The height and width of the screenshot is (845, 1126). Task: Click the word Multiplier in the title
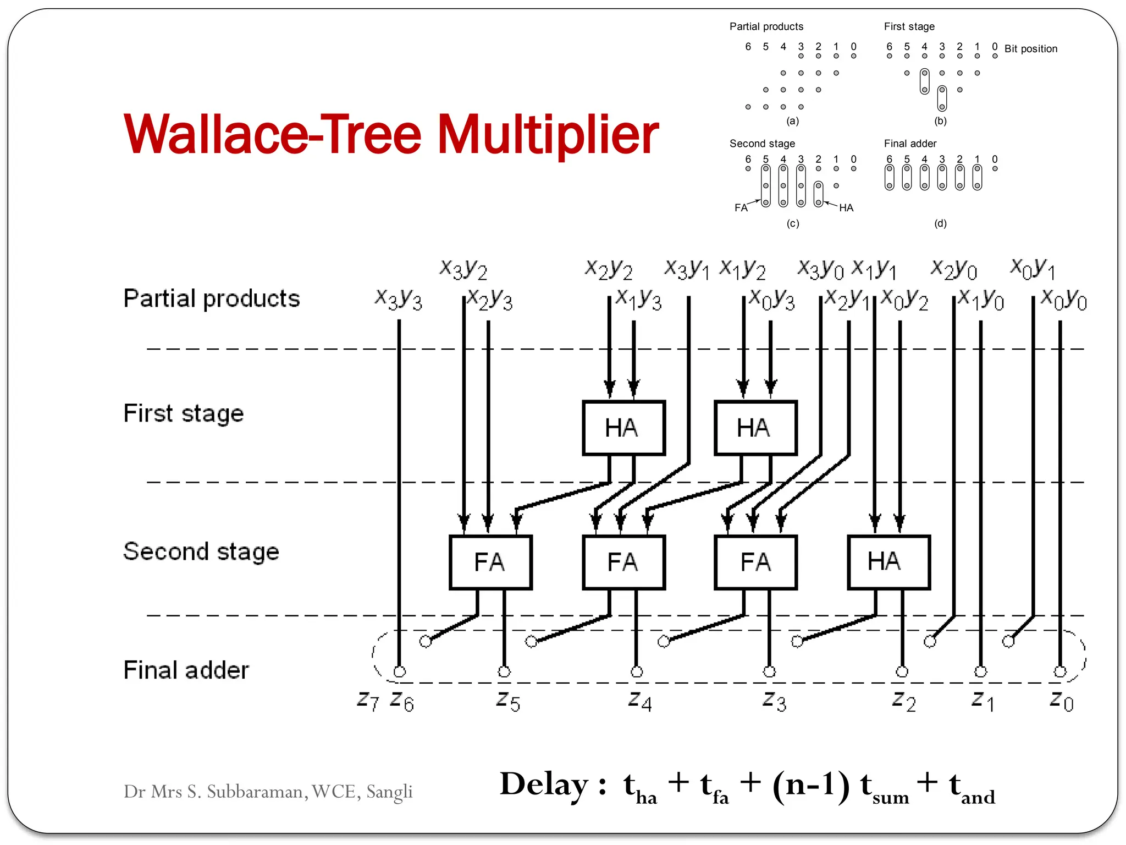(x=548, y=134)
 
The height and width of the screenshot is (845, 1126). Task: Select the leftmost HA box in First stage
(x=623, y=428)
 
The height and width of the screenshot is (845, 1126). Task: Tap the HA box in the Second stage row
(x=888, y=562)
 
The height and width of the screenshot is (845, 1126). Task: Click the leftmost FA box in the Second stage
(x=490, y=562)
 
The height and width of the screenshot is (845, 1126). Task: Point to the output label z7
(x=368, y=701)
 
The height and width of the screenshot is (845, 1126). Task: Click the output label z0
(x=1061, y=701)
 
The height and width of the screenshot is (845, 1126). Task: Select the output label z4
(x=640, y=701)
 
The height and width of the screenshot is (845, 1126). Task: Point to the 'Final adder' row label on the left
(x=186, y=670)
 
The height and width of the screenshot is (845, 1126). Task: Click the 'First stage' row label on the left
(x=183, y=413)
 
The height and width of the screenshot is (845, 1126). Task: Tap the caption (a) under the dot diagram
(x=792, y=121)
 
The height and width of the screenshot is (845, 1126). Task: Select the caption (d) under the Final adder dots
(x=940, y=223)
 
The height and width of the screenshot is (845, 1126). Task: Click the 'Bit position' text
(x=1031, y=49)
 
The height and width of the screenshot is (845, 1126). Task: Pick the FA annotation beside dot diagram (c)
(x=741, y=208)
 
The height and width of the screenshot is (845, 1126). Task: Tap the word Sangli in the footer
(x=389, y=792)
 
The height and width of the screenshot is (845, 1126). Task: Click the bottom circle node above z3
(x=769, y=672)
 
